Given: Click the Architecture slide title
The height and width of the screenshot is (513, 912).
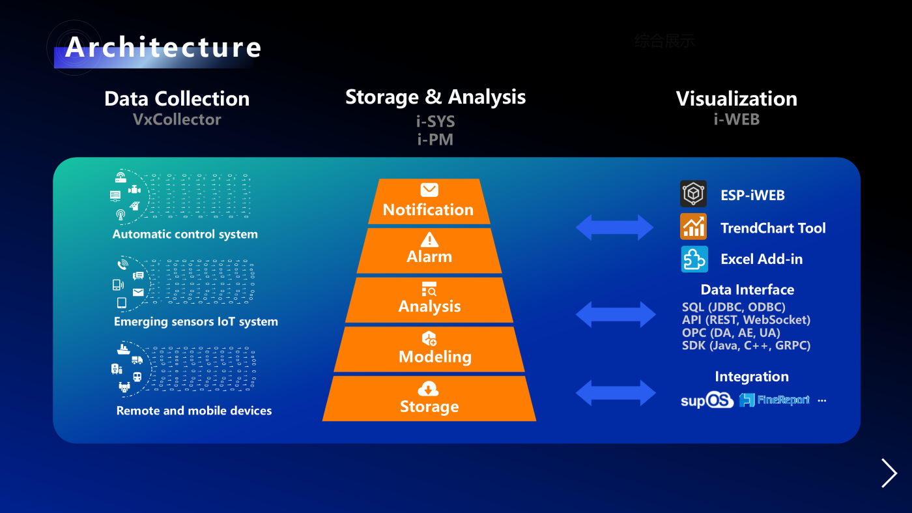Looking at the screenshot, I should pyautogui.click(x=163, y=48).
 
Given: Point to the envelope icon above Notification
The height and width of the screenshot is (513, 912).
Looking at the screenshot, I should pyautogui.click(x=429, y=190).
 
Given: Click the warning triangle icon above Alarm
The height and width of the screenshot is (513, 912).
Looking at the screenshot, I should pyautogui.click(x=429, y=239).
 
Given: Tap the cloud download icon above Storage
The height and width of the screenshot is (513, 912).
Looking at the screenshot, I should pyautogui.click(x=428, y=389).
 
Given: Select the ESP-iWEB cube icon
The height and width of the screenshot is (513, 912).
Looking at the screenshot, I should pyautogui.click(x=694, y=194).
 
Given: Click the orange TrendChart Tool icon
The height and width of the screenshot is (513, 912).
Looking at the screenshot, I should pyautogui.click(x=694, y=227).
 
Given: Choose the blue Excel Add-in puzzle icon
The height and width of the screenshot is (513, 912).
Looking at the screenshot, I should pyautogui.click(x=694, y=259).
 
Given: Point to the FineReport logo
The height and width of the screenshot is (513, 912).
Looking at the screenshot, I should pyautogui.click(x=775, y=400).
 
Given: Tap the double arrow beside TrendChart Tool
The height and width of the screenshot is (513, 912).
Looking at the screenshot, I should pyautogui.click(x=615, y=227).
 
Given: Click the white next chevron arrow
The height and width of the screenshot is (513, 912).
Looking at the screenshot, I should pyautogui.click(x=889, y=473).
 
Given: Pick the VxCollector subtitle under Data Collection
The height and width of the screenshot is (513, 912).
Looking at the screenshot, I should pyautogui.click(x=177, y=119).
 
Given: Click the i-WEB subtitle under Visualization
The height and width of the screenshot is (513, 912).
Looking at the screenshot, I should pyautogui.click(x=736, y=119).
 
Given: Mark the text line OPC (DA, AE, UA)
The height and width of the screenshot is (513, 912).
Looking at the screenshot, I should pyautogui.click(x=731, y=332).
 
